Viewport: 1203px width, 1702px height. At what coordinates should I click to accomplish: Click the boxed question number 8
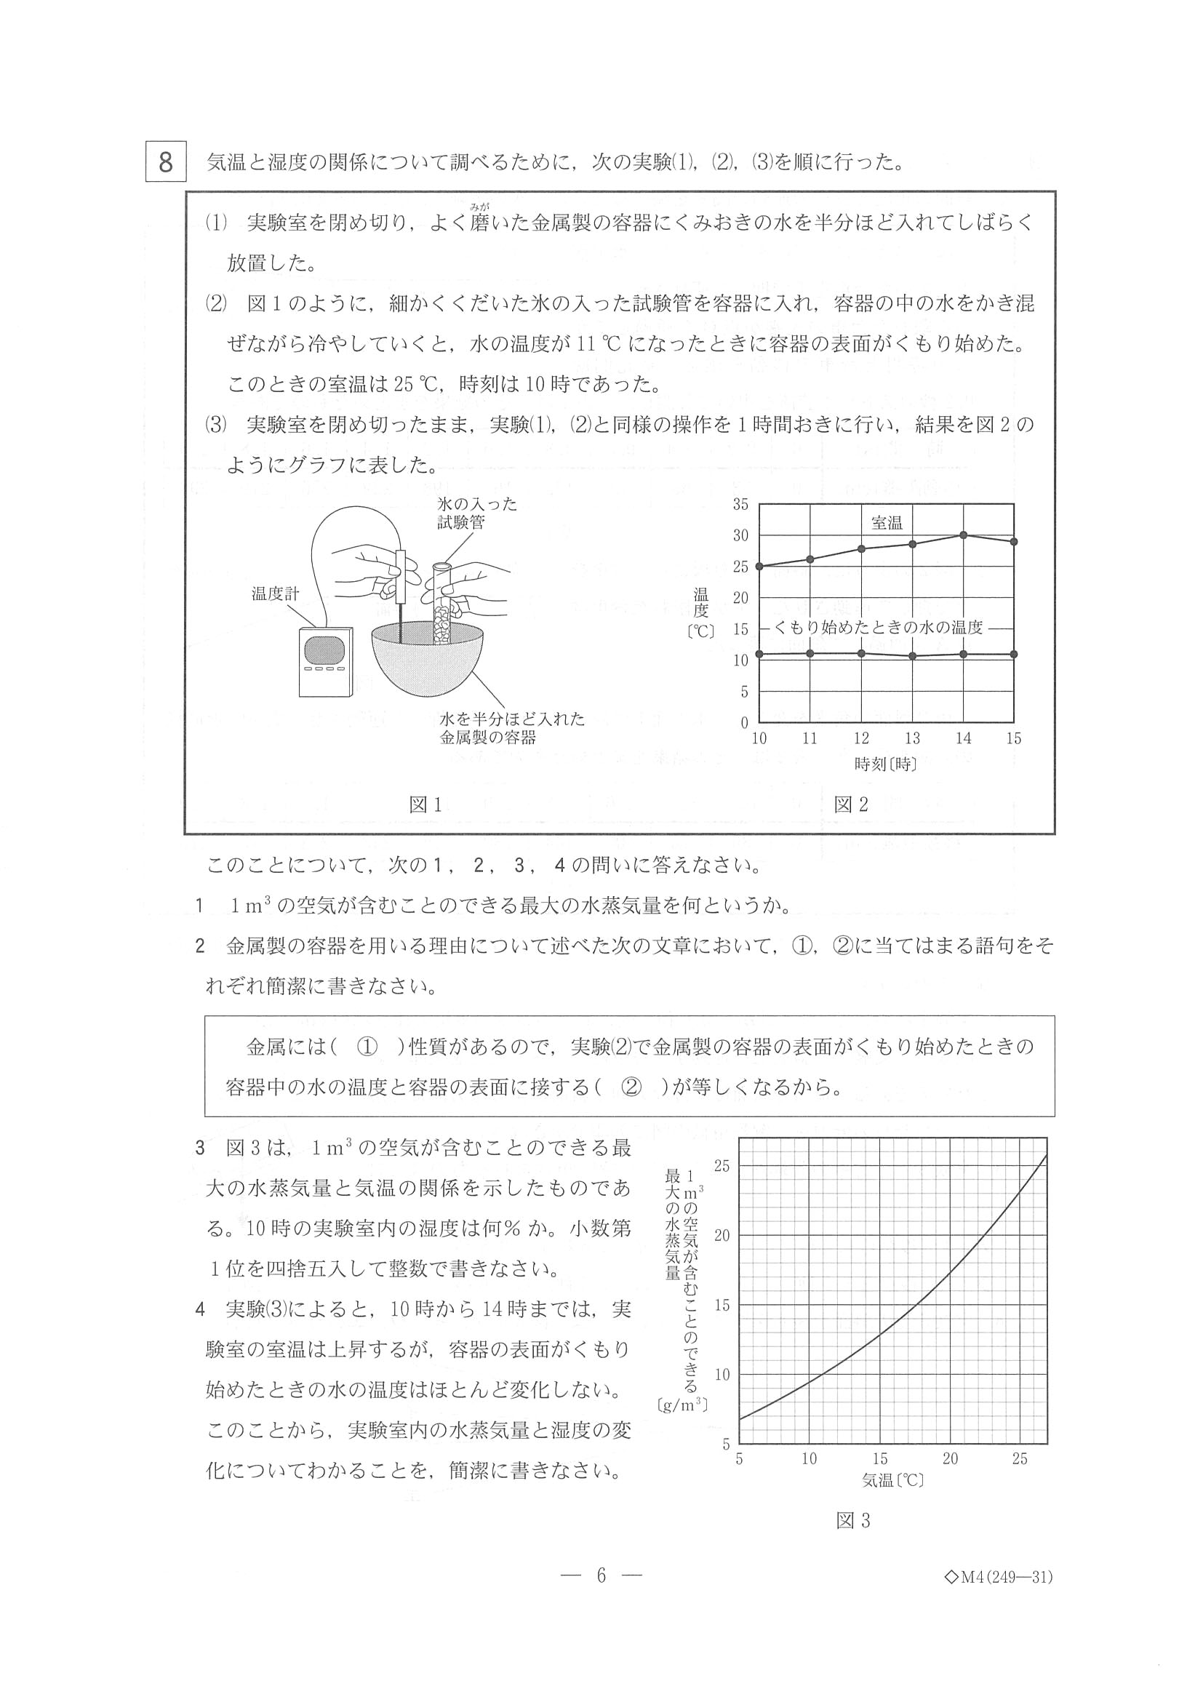click(165, 161)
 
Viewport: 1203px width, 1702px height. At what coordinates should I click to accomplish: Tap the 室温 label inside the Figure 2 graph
click(887, 523)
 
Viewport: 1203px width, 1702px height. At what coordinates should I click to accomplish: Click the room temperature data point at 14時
click(963, 535)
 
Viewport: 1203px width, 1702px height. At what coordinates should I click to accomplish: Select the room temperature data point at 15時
click(1014, 541)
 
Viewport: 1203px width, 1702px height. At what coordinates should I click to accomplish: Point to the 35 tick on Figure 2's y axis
click(740, 505)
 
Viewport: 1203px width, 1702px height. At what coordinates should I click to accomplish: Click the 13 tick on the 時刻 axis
click(911, 738)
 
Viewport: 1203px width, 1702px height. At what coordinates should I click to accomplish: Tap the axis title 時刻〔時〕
click(886, 764)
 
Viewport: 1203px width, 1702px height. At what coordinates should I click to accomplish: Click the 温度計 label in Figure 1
click(275, 593)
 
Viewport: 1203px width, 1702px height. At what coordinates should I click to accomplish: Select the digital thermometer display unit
click(325, 661)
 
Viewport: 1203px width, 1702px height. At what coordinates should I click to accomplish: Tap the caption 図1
click(425, 805)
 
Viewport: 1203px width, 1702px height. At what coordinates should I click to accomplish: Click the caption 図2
click(851, 805)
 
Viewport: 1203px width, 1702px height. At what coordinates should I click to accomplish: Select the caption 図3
click(852, 1521)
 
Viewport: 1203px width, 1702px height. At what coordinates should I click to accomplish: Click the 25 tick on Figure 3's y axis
click(722, 1166)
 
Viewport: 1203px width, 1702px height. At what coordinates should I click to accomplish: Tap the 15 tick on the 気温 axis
click(880, 1459)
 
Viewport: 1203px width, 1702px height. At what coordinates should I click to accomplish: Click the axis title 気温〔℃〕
click(892, 1480)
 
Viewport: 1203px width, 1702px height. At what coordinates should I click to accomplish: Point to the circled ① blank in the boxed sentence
click(367, 1047)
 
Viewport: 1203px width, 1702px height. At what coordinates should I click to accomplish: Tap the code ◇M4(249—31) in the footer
click(999, 1597)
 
